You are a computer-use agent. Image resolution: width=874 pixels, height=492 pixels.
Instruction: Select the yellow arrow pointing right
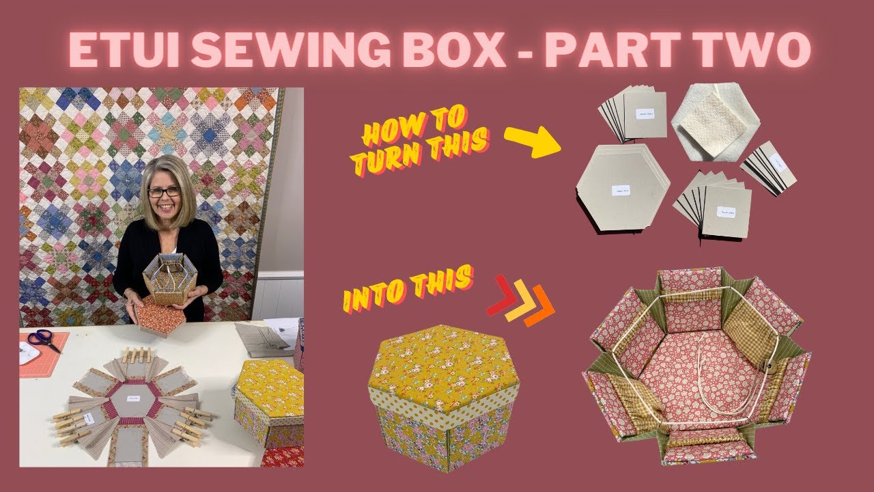coord(532,142)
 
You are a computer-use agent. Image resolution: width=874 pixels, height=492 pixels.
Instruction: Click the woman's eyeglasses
coord(165,192)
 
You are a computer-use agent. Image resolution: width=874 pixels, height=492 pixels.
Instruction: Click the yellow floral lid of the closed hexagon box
coord(440,366)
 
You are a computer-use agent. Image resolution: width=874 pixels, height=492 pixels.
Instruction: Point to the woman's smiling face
coord(165,195)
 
